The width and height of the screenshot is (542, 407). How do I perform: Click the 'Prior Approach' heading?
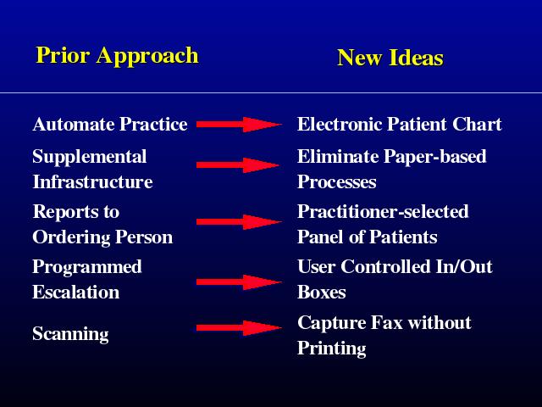tap(117, 55)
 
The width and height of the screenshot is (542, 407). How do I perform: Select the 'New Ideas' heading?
tap(390, 58)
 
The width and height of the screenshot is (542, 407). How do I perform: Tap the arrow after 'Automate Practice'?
tap(239, 125)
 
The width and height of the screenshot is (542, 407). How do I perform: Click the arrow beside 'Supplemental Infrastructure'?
tap(239, 165)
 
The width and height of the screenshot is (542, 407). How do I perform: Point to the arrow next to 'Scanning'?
tap(239, 328)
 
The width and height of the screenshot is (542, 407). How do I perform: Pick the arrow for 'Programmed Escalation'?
tap(239, 282)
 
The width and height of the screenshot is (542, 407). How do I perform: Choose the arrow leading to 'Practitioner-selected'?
tap(239, 222)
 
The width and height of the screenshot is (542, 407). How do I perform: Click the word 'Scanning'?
tap(70, 334)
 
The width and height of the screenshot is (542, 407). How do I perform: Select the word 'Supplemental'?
tap(90, 157)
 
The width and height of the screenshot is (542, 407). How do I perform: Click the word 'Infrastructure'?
tap(92, 182)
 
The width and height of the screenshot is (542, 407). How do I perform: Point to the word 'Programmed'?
tap(87, 268)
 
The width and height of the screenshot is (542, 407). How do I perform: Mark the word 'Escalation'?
tap(76, 292)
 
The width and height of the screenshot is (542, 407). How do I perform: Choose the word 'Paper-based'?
tap(435, 157)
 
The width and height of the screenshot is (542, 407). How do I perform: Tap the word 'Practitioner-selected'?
tap(383, 212)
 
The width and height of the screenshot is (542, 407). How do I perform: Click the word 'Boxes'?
tap(322, 292)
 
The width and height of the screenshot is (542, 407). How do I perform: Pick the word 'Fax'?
tap(387, 322)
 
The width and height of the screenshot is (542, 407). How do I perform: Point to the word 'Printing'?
tap(332, 348)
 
